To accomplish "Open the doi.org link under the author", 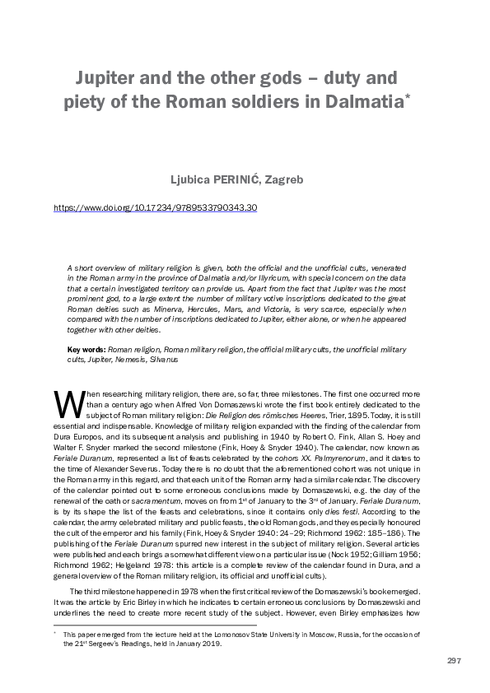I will click(155, 207).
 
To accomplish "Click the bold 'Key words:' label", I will click(85, 350).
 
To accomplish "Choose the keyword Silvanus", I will click(164, 359).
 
